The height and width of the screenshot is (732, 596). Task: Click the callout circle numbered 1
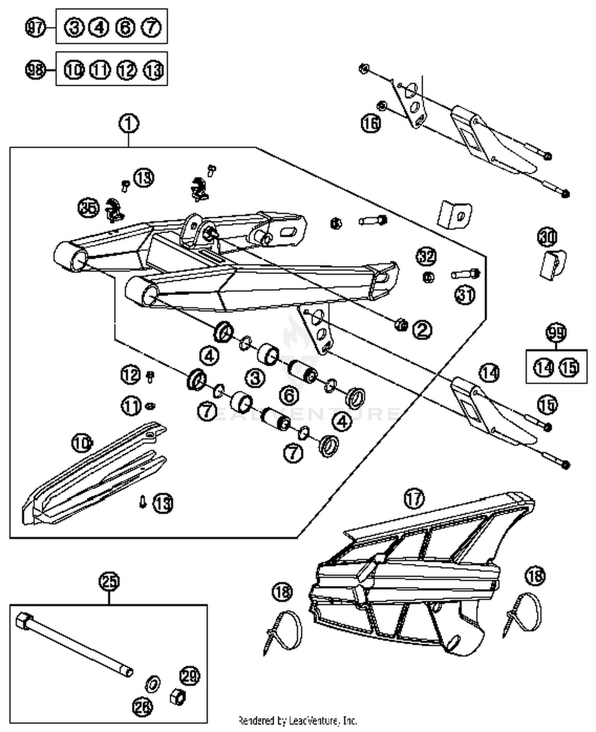(129, 124)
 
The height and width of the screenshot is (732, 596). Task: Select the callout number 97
(36, 27)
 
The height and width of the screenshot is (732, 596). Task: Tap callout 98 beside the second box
(36, 70)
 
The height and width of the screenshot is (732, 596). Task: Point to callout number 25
(109, 581)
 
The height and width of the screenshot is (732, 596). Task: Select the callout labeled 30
(548, 237)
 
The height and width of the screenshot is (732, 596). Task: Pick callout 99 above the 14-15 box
(556, 333)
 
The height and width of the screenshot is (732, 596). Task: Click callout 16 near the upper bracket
(370, 123)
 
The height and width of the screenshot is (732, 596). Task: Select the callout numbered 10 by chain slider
(82, 442)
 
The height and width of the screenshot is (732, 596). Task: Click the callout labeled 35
(89, 208)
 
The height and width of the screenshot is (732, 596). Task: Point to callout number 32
(426, 257)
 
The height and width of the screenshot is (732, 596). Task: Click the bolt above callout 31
(466, 274)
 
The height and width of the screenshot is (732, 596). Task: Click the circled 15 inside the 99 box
(569, 367)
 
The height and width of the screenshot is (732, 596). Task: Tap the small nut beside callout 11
(150, 406)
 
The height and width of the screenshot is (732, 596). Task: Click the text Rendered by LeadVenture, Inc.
(297, 720)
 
